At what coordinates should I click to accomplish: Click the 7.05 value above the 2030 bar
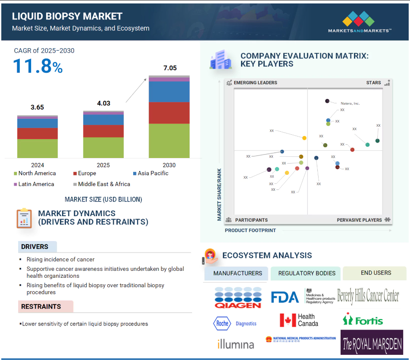point(169,68)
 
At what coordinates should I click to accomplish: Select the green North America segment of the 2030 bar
point(169,140)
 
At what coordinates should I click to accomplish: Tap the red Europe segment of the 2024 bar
point(38,133)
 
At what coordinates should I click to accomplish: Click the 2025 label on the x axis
point(103,165)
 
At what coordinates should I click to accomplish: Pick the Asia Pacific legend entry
point(150,173)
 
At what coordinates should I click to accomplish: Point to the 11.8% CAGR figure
point(38,66)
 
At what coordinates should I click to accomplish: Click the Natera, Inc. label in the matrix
point(350,103)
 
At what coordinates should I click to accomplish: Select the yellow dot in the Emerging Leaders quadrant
point(304,138)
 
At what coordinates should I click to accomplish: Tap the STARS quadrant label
point(373,83)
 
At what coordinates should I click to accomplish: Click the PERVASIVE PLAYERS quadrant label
point(360,220)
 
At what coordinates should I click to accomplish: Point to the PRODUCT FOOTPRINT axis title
point(250,230)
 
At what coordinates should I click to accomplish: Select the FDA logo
point(285,297)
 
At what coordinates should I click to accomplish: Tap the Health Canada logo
point(299,320)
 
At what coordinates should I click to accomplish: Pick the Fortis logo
point(363,320)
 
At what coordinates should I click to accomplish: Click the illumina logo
point(235,344)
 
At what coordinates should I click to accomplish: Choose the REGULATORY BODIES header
point(307,273)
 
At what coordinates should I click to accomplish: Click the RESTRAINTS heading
point(41,307)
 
